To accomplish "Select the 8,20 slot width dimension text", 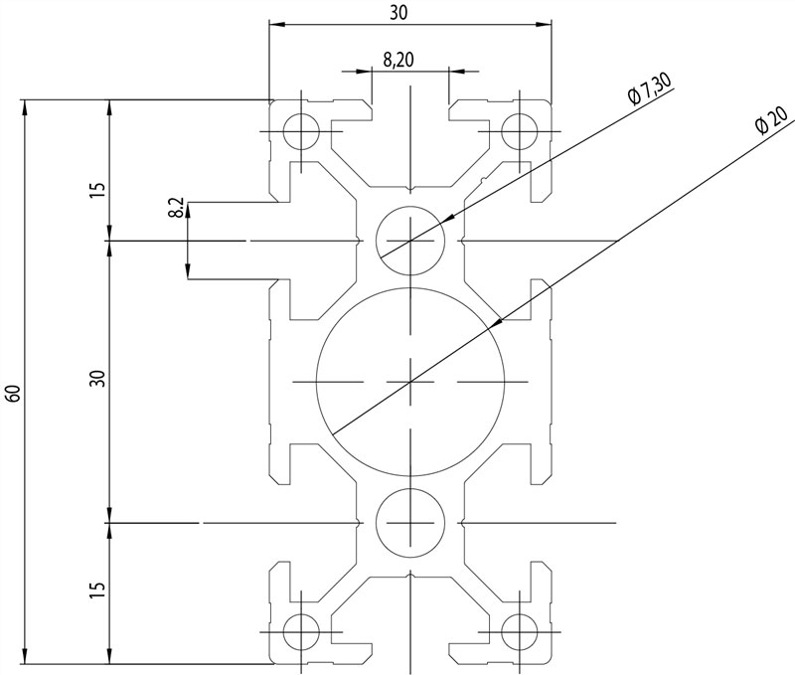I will point(397,60).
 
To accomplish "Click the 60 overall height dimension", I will point(12,392).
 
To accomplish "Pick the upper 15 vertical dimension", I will point(95,190).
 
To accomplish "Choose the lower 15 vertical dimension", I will point(95,589).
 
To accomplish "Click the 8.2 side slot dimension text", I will point(175,209).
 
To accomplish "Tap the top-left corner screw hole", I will point(300,131).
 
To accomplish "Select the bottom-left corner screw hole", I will point(300,631).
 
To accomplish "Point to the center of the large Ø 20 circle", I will point(409,382).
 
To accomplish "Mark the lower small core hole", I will point(409,522).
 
